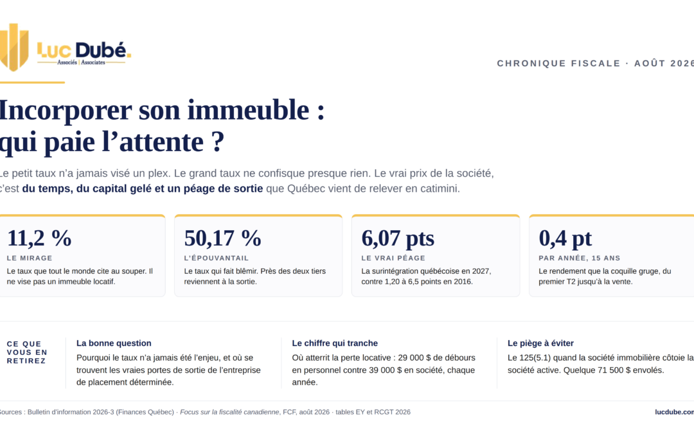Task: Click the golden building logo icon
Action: click(x=14, y=47)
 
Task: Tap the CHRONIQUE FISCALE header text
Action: click(x=558, y=63)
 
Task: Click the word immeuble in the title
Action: click(x=248, y=110)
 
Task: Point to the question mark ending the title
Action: click(x=218, y=141)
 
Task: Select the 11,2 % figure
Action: click(x=39, y=239)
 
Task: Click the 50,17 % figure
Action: click(x=222, y=239)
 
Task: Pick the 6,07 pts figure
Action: click(x=398, y=239)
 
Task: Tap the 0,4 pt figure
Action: click(x=565, y=239)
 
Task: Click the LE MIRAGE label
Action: click(x=30, y=258)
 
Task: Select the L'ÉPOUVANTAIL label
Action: click(x=217, y=258)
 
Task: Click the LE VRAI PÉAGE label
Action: click(x=393, y=258)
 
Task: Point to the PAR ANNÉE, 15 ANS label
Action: click(x=580, y=258)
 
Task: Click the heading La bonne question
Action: click(x=114, y=343)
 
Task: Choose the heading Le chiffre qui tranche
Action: click(x=335, y=343)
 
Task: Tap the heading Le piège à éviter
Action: click(x=540, y=343)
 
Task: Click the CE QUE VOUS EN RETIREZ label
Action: click(x=27, y=352)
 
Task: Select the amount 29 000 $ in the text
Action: click(x=414, y=358)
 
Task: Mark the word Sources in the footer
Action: click(x=10, y=412)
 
